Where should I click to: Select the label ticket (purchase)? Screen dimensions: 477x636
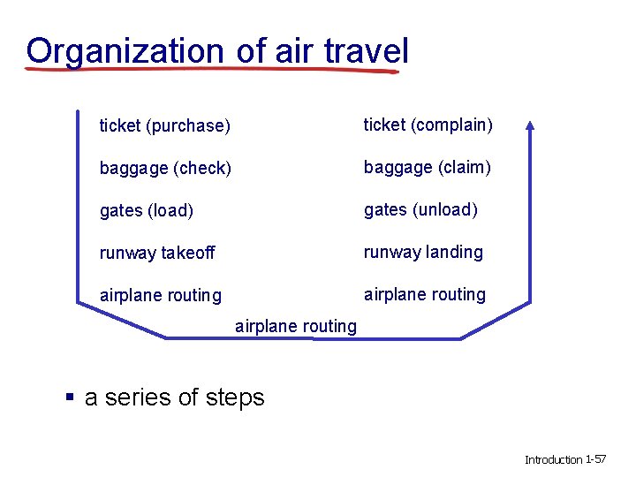point(164,126)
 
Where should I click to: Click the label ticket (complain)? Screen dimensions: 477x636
point(428,125)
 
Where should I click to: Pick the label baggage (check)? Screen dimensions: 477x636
point(165,168)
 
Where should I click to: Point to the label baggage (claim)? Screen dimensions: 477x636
point(428,167)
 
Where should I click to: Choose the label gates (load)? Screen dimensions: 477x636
point(147,210)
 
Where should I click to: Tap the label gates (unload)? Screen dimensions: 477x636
point(420,209)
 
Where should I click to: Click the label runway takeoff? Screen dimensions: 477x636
point(157,254)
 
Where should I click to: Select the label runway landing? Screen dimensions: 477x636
point(423,253)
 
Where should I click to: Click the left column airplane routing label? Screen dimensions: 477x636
point(161,295)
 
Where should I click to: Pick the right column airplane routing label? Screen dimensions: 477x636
point(425,294)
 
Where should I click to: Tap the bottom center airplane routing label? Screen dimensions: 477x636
point(296,326)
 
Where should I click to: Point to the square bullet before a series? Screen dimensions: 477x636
point(70,397)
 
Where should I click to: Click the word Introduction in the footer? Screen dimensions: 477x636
point(554,459)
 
